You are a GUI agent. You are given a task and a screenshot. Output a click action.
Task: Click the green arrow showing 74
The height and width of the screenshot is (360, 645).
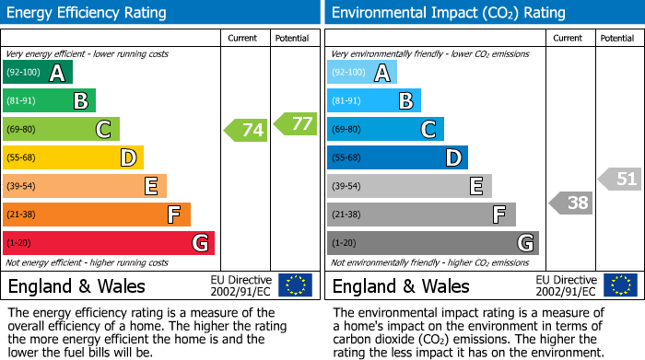247,130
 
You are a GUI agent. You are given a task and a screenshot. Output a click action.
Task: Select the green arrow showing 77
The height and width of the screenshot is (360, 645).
295,123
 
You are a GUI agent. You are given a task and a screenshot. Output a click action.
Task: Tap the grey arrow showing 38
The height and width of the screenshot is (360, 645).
571,203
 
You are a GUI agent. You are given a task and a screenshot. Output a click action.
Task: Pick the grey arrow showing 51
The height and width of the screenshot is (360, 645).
620,179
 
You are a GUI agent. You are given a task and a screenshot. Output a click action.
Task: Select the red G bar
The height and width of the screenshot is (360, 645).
109,243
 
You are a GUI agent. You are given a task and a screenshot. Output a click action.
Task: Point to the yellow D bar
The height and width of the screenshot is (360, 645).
74,158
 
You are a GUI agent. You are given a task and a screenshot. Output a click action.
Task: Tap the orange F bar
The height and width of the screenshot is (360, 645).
97,215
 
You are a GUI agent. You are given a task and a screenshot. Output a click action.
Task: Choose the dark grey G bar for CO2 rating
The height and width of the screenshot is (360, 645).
432,243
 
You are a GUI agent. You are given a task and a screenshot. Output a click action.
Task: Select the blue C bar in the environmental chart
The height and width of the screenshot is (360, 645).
385,130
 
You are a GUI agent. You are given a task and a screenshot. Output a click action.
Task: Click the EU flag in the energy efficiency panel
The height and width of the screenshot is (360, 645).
295,285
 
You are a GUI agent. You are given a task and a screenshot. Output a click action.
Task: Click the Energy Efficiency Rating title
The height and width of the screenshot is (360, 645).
88,13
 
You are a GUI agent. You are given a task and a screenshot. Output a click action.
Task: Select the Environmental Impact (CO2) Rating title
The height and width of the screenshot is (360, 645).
448,13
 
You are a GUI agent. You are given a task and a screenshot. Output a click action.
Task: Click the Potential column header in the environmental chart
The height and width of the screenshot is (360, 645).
617,38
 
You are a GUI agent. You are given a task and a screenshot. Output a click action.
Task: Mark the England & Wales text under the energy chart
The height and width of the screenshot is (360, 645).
76,285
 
